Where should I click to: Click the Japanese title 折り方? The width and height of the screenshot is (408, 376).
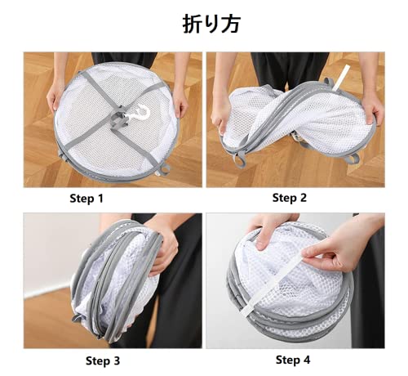(x=211, y=24)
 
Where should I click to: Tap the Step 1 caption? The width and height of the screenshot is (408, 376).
(x=86, y=199)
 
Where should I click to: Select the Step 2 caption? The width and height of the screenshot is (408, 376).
(x=290, y=198)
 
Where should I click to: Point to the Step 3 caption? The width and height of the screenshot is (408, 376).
(x=103, y=360)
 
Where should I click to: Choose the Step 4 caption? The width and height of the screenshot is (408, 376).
(x=293, y=360)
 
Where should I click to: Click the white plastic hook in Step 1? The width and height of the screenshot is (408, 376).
(x=139, y=113)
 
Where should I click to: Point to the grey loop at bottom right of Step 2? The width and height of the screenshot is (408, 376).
(x=353, y=159)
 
